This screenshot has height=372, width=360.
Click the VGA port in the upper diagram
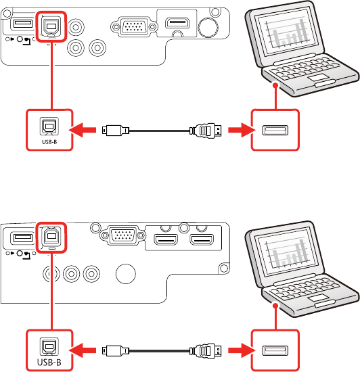[134, 26]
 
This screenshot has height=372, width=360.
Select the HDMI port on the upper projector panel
[177, 23]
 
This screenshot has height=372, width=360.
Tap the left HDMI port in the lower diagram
[166, 239]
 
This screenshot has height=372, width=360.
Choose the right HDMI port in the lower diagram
[202, 239]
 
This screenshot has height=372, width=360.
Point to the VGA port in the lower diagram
[122, 235]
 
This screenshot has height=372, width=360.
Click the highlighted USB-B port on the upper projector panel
[51, 26]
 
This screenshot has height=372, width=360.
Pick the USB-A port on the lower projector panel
[23, 237]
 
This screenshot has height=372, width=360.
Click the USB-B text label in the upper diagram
[49, 142]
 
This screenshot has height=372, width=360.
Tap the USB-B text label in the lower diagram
[49, 363]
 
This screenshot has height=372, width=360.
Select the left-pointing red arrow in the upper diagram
[83, 130]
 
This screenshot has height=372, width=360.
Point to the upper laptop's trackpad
[318, 78]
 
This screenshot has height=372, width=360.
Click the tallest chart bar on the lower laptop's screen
[302, 252]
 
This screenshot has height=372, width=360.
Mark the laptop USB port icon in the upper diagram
[275, 131]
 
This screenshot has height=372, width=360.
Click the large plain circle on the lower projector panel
[126, 274]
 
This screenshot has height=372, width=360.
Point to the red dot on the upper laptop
[275, 85]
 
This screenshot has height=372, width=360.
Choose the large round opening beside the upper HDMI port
[208, 26]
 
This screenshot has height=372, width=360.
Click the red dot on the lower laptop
[275, 306]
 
